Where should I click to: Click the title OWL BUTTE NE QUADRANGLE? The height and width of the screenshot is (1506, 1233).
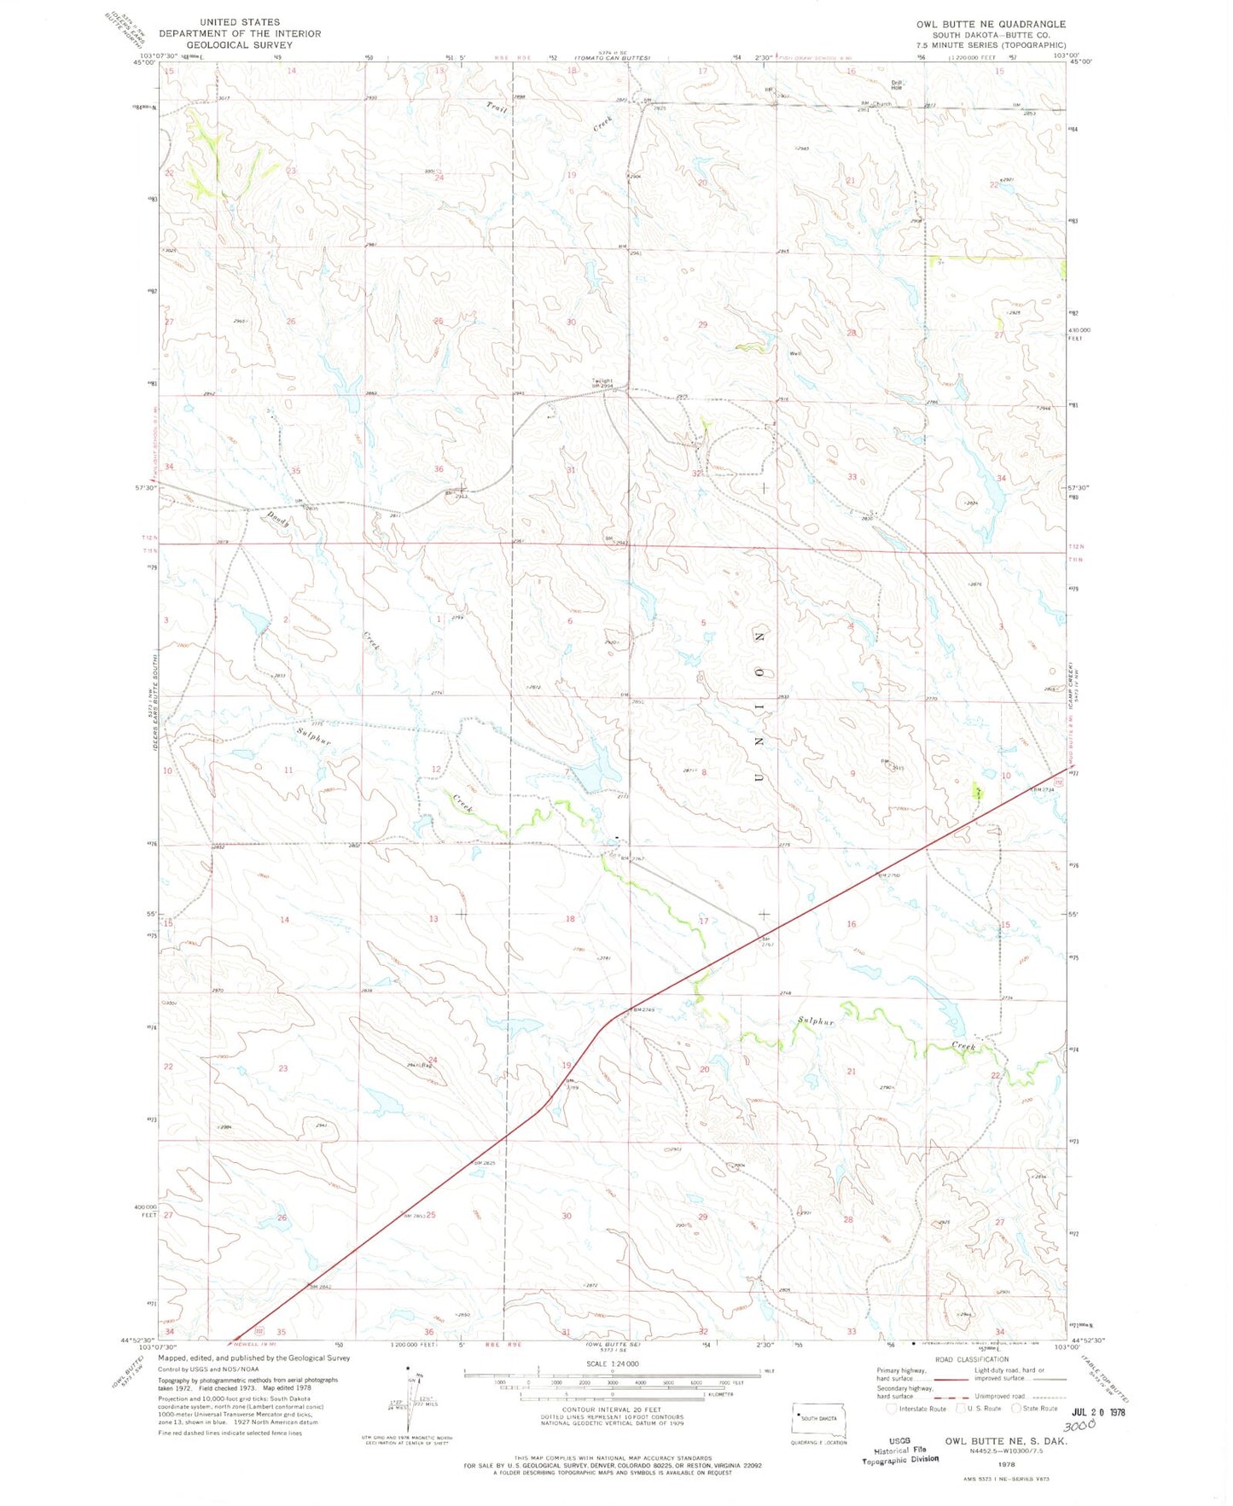(990, 24)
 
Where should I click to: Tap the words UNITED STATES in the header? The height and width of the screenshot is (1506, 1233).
(240, 22)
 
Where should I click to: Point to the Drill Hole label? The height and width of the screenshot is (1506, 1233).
(896, 84)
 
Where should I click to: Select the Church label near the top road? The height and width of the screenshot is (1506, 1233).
(881, 104)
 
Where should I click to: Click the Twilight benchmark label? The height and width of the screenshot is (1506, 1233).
(602, 381)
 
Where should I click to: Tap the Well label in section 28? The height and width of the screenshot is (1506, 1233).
(794, 353)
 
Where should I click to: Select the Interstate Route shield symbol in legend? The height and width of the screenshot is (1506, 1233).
(893, 1408)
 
